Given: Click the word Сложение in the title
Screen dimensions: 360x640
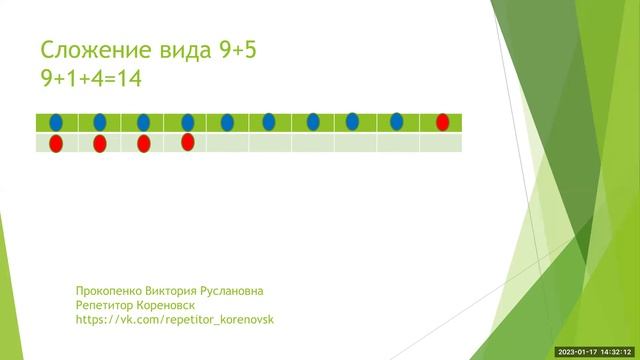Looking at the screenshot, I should click(90, 51).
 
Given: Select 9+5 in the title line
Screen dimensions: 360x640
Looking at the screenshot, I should click(236, 51).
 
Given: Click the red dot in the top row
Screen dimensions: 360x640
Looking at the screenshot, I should click(442, 122).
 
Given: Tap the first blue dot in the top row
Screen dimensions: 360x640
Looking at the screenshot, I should click(56, 122).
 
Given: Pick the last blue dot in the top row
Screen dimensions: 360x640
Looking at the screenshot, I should click(397, 121).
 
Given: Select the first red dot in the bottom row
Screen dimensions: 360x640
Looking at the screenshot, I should click(56, 144).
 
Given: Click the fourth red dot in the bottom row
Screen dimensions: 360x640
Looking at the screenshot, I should click(187, 142).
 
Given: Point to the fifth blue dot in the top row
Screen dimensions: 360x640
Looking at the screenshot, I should click(227, 122).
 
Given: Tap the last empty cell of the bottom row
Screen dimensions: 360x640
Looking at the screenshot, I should click(441, 143).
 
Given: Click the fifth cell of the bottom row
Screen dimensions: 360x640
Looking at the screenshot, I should click(227, 143).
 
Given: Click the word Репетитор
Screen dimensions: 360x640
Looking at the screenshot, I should click(107, 305).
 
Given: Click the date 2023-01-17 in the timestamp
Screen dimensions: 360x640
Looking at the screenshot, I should click(579, 351).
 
